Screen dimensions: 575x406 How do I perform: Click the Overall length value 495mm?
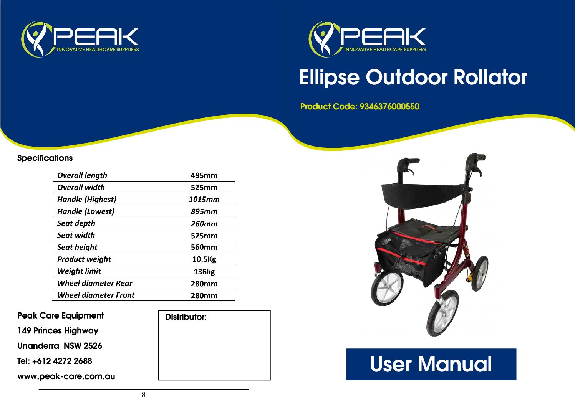[204, 175]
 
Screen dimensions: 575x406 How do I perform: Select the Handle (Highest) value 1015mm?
[204, 199]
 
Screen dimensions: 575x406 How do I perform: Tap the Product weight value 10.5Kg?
[204, 259]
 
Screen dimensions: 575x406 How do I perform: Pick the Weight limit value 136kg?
[204, 271]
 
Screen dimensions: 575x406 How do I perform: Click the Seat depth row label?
[76, 223]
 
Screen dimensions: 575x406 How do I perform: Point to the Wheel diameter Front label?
[96, 295]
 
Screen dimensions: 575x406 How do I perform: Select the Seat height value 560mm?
[204, 247]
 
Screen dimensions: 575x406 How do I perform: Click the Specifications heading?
[45, 158]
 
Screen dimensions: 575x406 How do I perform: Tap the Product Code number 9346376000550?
[389, 106]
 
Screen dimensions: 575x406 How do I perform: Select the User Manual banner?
[431, 364]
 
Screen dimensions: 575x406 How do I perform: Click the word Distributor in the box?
[186, 317]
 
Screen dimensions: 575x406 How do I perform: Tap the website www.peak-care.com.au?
[66, 376]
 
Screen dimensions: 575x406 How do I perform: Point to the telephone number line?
[55, 361]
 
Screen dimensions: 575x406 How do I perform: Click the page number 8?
[144, 395]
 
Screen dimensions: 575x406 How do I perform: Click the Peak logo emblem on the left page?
[37, 39]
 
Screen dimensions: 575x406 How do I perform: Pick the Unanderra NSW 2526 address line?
[60, 346]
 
